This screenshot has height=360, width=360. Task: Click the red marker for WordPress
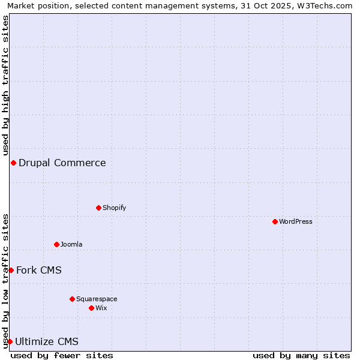(275, 221)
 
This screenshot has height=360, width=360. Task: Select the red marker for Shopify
(98, 208)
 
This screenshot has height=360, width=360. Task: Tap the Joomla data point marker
(56, 244)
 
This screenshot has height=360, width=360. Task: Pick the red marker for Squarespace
(72, 299)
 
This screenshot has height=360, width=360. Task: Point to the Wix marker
(91, 308)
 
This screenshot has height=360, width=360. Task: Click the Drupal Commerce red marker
(13, 163)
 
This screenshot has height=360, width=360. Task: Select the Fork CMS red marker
(11, 270)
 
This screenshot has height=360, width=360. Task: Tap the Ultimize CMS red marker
(10, 341)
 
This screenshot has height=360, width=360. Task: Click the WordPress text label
(296, 221)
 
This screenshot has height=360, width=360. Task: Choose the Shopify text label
(114, 208)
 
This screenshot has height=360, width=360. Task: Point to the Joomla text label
(71, 244)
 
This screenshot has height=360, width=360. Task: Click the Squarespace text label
(97, 299)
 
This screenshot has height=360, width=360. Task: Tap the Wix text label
(101, 308)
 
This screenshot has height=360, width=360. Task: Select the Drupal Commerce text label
(62, 163)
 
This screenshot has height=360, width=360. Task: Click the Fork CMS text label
(39, 270)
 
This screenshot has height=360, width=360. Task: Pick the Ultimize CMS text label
(47, 341)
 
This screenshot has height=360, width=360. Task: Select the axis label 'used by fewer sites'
(62, 355)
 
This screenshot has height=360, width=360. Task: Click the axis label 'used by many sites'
(301, 355)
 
